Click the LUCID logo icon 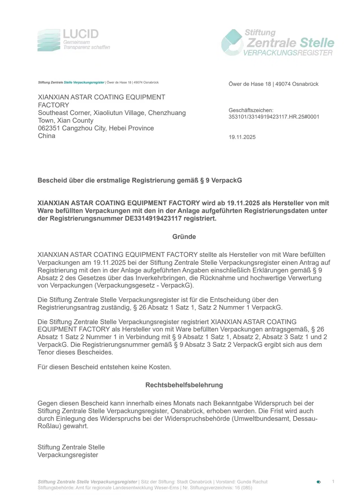tap(49, 40)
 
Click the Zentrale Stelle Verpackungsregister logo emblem tap(232, 43)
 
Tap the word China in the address tap(46, 136)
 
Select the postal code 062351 tap(49, 128)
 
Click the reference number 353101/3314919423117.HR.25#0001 tap(274, 117)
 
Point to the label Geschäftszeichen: tap(251, 110)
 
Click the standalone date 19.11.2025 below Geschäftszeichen tap(242, 137)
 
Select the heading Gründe tap(184, 237)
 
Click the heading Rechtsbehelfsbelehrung tap(184, 385)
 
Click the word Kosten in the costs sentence tap(160, 367)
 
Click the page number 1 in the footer tap(333, 481)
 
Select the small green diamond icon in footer tap(318, 482)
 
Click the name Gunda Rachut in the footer tap(252, 482)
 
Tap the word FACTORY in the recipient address tap(54, 105)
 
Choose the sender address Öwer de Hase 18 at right tap(250, 84)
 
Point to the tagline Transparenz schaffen tap(87, 48)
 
